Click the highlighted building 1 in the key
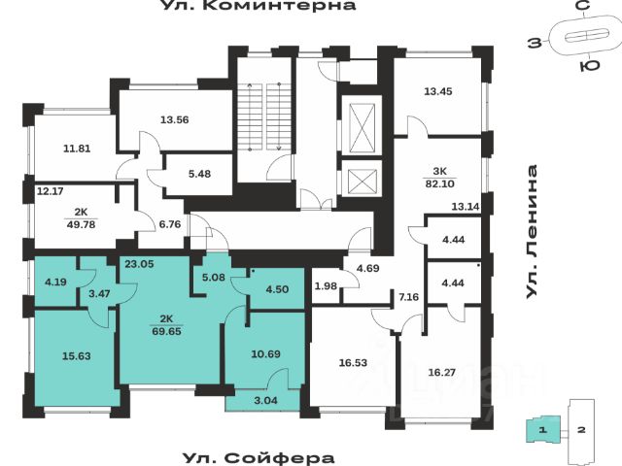544,427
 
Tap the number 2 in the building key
580,427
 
